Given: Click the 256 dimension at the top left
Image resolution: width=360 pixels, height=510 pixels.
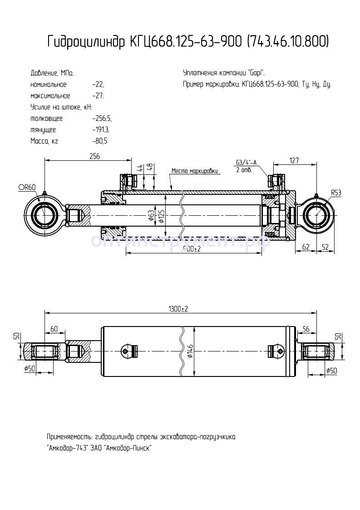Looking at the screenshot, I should pyautogui.click(x=94, y=156).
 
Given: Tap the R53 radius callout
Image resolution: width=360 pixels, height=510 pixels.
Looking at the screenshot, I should pyautogui.click(x=335, y=193).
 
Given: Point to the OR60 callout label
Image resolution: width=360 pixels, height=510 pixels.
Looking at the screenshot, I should pyautogui.click(x=27, y=187).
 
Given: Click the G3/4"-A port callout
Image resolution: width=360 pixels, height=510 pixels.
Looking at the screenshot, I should pyautogui.click(x=246, y=163).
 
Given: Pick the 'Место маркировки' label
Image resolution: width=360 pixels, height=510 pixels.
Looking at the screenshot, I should pyautogui.click(x=195, y=171).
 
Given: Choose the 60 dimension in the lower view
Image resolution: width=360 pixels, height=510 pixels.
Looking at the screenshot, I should pyautogui.click(x=54, y=328).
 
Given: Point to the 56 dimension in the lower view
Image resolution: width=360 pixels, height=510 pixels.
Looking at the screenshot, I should pyautogui.click(x=306, y=328).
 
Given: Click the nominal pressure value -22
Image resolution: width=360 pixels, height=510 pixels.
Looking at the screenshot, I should pyautogui.click(x=98, y=85).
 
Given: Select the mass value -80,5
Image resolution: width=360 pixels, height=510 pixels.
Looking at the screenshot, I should pyautogui.click(x=99, y=141).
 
